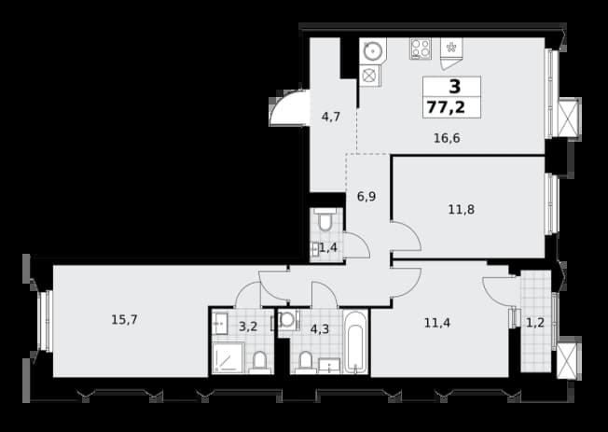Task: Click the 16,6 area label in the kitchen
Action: point(447,138)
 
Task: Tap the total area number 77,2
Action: point(446,106)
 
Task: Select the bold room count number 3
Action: point(455,87)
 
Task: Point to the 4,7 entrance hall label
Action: point(331,116)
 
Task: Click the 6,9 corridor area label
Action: point(366,196)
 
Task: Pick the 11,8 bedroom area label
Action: point(462,210)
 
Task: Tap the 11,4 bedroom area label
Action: point(437,323)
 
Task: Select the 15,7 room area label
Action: point(124,320)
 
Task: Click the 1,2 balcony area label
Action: point(535,323)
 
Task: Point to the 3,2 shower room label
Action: point(248,327)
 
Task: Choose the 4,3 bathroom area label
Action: point(320,329)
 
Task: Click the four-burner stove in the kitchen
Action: point(421,49)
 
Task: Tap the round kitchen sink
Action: point(373,50)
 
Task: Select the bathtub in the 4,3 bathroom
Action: point(355,341)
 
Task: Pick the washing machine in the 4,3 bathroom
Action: point(287,320)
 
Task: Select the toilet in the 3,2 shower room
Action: point(260,363)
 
